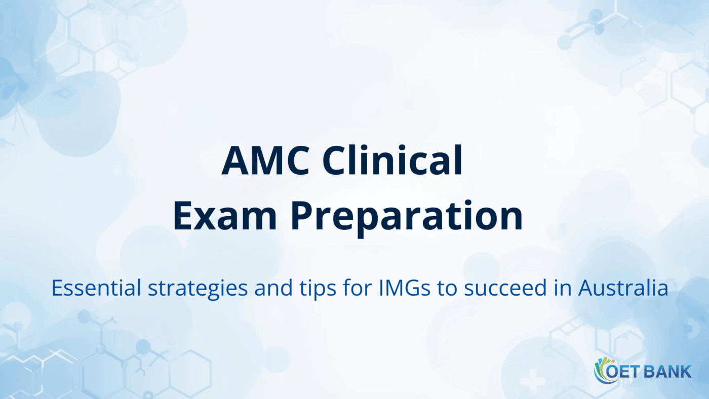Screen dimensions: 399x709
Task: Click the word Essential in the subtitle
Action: [x=96, y=288]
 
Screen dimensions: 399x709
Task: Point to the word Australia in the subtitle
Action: [x=623, y=288]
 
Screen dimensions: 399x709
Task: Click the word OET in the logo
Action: [x=626, y=372]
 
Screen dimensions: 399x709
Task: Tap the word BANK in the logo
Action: [x=667, y=372]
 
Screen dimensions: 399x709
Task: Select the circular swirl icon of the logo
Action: [x=603, y=371]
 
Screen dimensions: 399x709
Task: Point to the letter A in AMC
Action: [x=235, y=160]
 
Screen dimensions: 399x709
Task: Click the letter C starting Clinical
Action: [x=335, y=160]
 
